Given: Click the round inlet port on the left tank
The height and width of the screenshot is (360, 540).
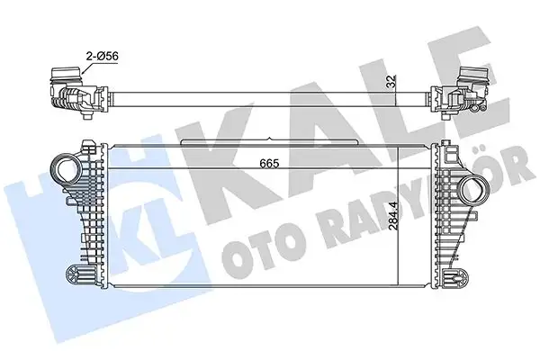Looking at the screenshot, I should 67,169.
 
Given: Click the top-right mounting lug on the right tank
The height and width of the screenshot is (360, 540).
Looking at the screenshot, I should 447,146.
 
